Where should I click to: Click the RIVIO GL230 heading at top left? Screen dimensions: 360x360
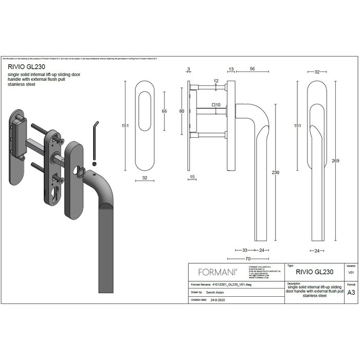click(x=24, y=66)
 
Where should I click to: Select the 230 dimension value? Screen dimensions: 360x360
click(x=275, y=172)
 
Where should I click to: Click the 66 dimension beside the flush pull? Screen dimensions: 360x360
click(x=165, y=111)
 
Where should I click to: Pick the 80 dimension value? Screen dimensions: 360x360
click(x=182, y=111)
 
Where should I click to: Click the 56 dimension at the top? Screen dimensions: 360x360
click(x=253, y=69)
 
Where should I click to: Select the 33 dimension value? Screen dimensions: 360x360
click(x=245, y=250)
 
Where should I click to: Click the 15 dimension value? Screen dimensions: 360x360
click(x=192, y=177)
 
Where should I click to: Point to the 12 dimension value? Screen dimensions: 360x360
click(x=216, y=81)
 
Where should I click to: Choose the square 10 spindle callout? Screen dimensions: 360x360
click(x=216, y=105)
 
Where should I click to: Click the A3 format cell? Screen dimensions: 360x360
click(x=351, y=292)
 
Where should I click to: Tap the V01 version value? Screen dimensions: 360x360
click(x=351, y=272)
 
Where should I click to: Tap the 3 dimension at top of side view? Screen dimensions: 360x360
click(x=189, y=69)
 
